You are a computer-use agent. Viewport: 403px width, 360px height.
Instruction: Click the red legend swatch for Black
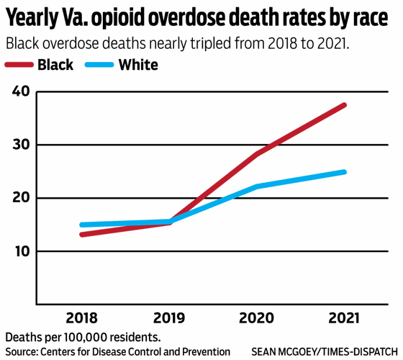point(22,66)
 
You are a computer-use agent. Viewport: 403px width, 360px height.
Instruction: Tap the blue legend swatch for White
point(101,66)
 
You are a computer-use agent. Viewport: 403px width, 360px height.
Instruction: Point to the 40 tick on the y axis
point(21,91)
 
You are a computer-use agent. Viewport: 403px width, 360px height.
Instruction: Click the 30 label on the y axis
point(21,145)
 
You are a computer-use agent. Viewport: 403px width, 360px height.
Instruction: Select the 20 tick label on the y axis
point(21,198)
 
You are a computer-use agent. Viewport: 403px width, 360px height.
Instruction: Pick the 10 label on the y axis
point(21,251)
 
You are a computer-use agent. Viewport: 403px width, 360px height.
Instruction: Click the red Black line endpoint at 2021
point(345,105)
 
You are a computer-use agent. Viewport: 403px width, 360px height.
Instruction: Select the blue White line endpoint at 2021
point(345,172)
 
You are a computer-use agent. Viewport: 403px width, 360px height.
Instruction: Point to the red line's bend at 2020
point(257,154)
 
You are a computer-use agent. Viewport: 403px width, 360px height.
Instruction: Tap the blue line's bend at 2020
point(257,186)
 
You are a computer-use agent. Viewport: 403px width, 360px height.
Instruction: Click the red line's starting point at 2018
point(81,234)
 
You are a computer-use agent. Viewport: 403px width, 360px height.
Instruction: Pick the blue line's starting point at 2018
point(81,225)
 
